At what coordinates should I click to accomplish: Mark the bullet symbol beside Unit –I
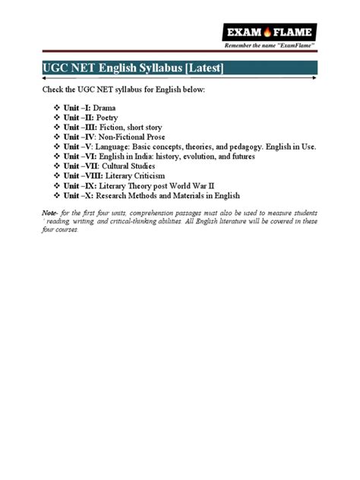click(57, 108)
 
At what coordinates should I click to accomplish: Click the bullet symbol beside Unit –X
click(57, 194)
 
